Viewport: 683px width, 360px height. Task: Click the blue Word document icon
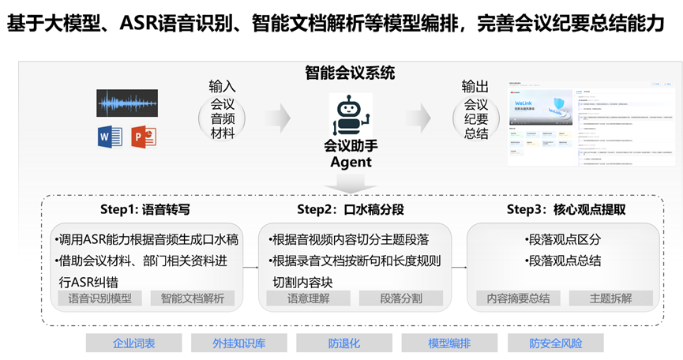[x=110, y=137]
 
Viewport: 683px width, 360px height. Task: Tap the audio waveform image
[x=127, y=103]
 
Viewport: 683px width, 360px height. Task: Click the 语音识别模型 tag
[x=100, y=298]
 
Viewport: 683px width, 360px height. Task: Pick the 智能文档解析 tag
[x=193, y=298]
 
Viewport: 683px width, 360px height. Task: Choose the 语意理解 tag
[x=307, y=298]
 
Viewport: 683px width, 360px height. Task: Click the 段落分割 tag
[x=401, y=298]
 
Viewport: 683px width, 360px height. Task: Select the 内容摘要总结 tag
[x=519, y=298]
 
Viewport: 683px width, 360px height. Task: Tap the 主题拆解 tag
[x=611, y=298]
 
